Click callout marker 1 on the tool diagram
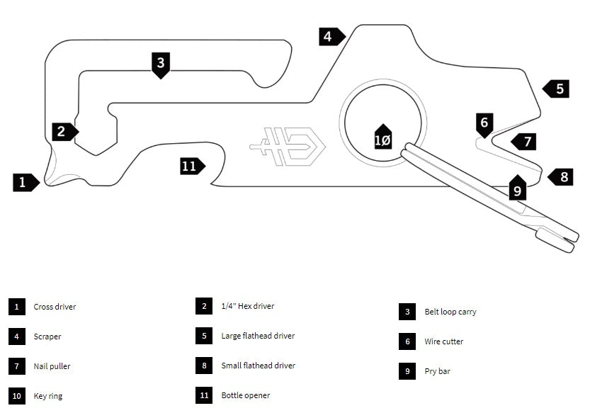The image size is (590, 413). coord(23,182)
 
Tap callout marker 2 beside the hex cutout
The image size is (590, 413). coord(62,131)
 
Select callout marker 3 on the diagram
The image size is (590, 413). coord(161,63)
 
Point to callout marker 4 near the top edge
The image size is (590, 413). coord(329,36)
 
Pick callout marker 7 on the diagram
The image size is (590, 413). coord(526,141)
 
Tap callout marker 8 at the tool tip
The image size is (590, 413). coord(562,176)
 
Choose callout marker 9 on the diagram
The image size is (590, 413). coord(517,189)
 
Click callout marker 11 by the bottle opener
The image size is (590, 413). coord(190,166)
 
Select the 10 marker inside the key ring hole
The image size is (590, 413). coord(382,140)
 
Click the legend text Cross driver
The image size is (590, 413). coord(55,307)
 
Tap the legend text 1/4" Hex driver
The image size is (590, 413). coord(247,306)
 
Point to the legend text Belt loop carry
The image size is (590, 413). coord(450,312)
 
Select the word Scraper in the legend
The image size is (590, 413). coord(47,336)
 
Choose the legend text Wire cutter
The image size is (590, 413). coord(444,341)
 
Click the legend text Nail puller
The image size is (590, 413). coord(52,366)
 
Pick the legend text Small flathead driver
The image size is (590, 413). coord(258,366)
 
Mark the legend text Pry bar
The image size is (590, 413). coord(438,371)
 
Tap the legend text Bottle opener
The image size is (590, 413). coord(245,395)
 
